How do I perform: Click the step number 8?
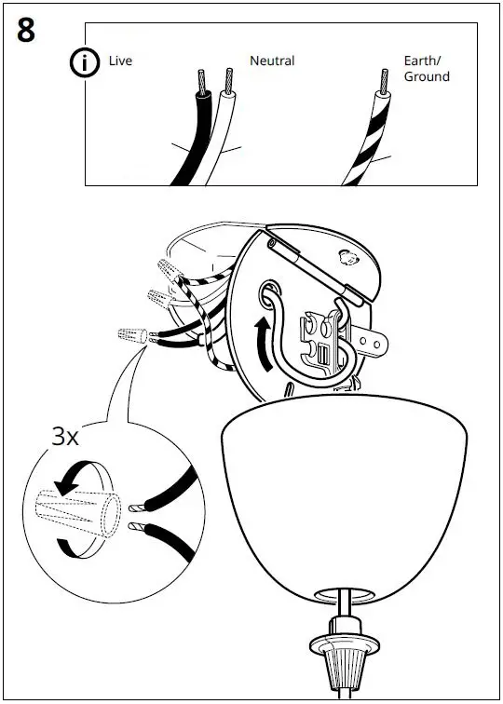click(x=26, y=30)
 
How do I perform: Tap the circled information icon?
click(x=86, y=62)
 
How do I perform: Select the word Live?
click(x=120, y=61)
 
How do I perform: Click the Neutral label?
click(x=272, y=61)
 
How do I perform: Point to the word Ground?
click(x=427, y=76)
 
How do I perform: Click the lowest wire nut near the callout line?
click(x=130, y=336)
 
